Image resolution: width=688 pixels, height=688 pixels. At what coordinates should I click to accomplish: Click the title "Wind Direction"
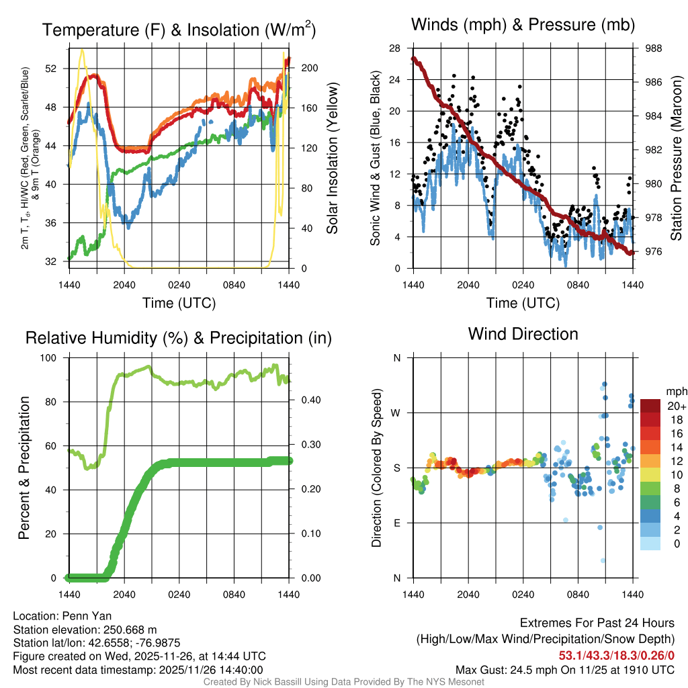[x=523, y=334]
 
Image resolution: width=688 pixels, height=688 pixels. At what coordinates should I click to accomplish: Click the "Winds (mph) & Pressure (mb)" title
[x=523, y=26]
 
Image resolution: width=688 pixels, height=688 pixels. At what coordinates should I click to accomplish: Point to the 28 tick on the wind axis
[x=395, y=48]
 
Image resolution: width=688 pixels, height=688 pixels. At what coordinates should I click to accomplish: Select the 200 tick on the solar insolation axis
[x=310, y=68]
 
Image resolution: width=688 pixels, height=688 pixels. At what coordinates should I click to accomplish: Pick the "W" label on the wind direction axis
[x=396, y=413]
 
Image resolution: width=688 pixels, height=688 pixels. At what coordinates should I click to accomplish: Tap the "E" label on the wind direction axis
[x=397, y=523]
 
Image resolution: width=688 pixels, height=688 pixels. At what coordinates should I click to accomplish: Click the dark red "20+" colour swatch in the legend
[x=650, y=405]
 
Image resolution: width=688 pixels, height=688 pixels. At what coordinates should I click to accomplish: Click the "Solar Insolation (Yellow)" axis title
[x=332, y=159]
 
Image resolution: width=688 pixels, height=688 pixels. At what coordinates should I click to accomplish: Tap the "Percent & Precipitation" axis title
[x=24, y=468]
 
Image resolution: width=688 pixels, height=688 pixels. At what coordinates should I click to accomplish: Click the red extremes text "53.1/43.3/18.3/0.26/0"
[x=616, y=655]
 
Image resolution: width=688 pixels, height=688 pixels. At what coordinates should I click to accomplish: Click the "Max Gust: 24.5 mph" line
[x=565, y=669]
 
